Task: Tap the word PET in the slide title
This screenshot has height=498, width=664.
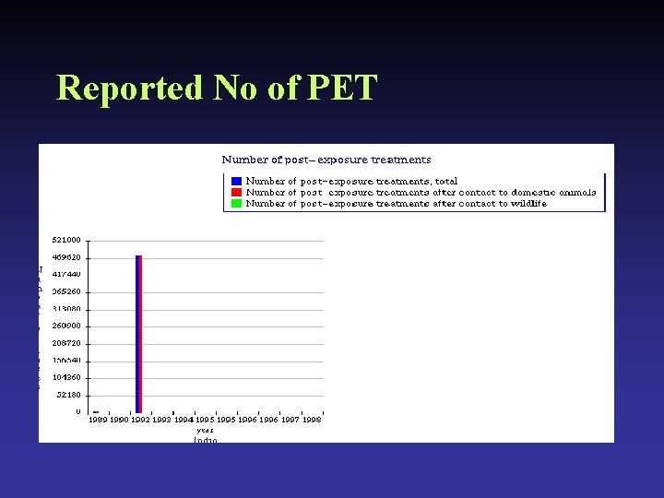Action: (342, 88)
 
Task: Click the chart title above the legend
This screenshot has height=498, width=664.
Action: (326, 160)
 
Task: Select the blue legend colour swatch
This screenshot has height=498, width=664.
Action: (237, 182)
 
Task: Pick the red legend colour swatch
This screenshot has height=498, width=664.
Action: (237, 193)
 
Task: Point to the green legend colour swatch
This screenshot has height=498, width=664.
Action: (237, 204)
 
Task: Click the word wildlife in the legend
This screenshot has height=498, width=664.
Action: (527, 204)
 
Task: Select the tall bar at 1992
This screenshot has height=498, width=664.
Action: (138, 334)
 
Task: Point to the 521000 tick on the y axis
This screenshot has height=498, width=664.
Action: (65, 240)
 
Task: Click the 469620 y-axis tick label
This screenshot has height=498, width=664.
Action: (65, 257)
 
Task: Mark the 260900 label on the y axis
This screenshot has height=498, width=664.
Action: (65, 326)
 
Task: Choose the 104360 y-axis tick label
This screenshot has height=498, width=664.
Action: (65, 377)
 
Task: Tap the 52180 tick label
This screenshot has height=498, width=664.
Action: (68, 395)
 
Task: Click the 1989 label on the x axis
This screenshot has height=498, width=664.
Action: (98, 420)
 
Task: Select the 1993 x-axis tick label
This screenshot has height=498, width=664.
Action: (161, 420)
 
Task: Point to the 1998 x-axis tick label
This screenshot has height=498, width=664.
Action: (312, 420)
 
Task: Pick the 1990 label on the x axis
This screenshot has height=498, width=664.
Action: (119, 420)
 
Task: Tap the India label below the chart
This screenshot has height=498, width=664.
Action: (205, 440)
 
